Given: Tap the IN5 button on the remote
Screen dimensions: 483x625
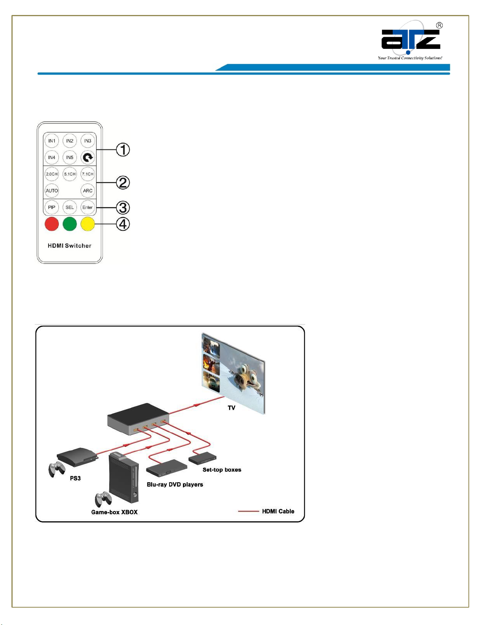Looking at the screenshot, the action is pos(70,157).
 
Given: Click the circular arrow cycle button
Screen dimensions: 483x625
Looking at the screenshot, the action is pos(88,158).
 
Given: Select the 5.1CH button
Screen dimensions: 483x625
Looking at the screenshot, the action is pos(70,174).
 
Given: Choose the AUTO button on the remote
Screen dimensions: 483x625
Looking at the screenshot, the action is pos(52,190).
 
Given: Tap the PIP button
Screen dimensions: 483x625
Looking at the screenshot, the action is pos(52,207).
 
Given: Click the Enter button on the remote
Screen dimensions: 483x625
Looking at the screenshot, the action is pos(88,207).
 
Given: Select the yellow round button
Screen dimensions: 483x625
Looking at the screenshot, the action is pos(88,224).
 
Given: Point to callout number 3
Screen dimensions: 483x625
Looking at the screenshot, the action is pos(123,207).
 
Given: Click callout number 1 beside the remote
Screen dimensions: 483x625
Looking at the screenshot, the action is pos(123,150).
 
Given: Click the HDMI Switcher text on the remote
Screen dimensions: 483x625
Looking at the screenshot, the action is pos(69,246).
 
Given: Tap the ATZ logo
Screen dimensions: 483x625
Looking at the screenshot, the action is pos(410,40).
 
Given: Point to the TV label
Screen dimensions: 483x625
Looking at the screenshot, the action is pos(231,408).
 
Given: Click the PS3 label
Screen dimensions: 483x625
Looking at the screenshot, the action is pos(75,478).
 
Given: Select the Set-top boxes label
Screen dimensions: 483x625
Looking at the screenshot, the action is pos(222,470).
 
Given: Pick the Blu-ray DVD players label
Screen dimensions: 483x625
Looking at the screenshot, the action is pos(175,485).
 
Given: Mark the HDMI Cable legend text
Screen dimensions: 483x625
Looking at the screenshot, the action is pos(278,511).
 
